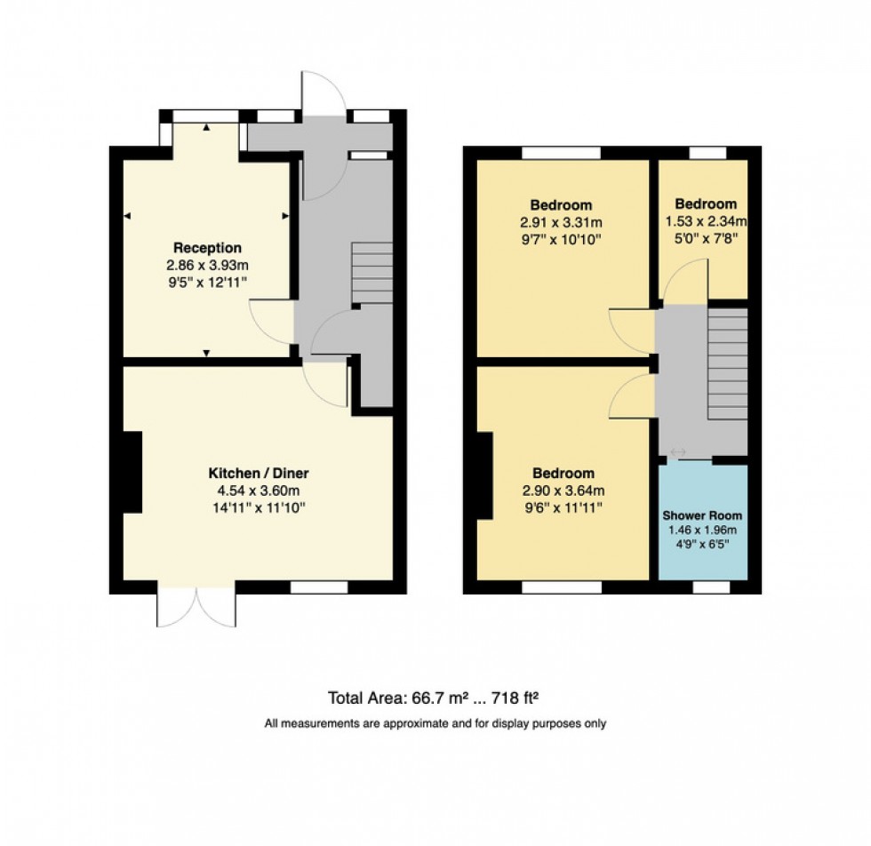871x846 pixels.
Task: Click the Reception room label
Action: (207, 248)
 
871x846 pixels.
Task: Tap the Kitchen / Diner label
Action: (259, 473)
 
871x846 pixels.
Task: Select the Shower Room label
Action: (702, 515)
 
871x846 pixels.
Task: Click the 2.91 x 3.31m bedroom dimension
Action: (561, 222)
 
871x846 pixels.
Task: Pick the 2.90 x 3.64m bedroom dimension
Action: (563, 491)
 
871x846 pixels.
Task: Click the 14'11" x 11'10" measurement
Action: (259, 508)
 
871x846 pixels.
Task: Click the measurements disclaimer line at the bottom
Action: (435, 723)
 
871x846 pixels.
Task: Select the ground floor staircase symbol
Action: (372, 272)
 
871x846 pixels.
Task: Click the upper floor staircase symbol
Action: (728, 364)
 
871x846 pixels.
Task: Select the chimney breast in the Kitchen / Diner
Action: (132, 472)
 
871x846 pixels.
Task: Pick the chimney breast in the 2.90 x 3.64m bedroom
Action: (485, 475)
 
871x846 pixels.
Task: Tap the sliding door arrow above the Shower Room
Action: (678, 453)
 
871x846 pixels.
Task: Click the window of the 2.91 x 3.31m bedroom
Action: (561, 153)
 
